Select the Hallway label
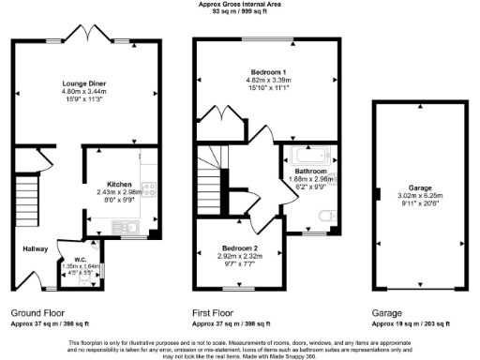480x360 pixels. pos(36,248)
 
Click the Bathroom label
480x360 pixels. pos(311,172)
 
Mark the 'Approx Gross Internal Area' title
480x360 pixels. pos(240,5)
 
